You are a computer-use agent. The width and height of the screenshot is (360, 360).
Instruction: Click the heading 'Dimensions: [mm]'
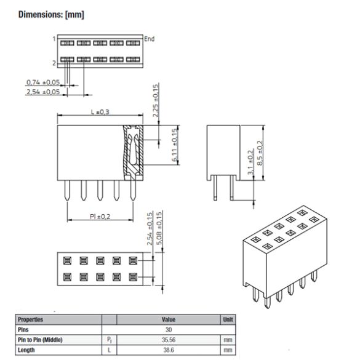click(51, 14)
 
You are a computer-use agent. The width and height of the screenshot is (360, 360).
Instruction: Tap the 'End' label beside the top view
click(149, 39)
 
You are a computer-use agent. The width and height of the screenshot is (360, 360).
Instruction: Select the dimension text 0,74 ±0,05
click(43, 82)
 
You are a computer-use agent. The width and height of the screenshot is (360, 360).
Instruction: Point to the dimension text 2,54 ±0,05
click(43, 92)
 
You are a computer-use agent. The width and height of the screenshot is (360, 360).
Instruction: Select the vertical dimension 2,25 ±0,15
click(155, 100)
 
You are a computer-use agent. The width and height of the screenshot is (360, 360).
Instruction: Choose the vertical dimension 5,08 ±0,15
click(159, 229)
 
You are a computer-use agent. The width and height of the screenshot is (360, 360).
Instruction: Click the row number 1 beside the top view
click(54, 39)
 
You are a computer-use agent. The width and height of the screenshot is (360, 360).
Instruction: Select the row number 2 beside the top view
click(54, 63)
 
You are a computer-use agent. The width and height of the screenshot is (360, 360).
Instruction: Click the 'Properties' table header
click(31, 319)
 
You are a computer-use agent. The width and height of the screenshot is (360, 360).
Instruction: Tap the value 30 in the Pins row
click(169, 329)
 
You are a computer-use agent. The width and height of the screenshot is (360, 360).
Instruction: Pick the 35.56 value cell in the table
click(169, 339)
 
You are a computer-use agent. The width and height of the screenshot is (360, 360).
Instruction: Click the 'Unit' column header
click(226, 319)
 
